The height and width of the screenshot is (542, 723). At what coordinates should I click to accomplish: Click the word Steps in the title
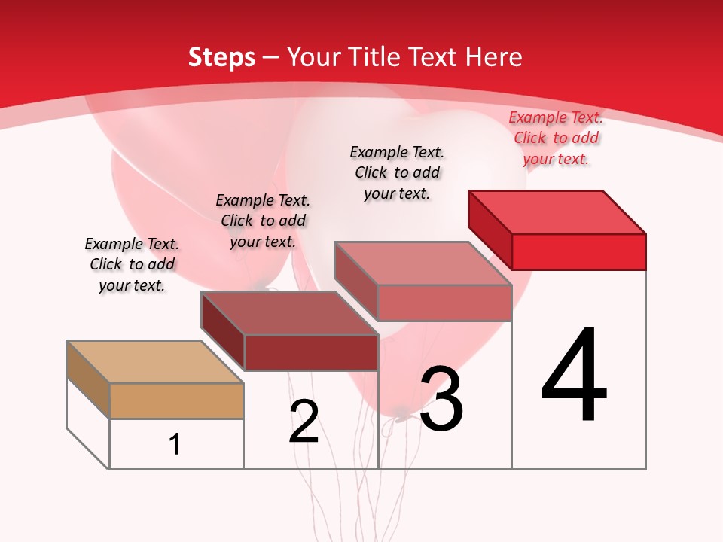[221, 57]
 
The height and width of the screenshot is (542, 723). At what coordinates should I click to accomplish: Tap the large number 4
[575, 376]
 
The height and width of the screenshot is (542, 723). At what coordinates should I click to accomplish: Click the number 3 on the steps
[441, 399]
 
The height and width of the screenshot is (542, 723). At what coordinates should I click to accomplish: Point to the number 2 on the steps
[304, 422]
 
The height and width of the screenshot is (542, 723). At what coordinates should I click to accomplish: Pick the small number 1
[175, 444]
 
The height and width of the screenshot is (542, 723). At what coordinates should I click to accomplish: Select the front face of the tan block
[176, 400]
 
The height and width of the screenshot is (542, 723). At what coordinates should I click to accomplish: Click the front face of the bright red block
[578, 251]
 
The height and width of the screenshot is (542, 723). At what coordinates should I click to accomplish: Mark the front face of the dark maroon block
[310, 352]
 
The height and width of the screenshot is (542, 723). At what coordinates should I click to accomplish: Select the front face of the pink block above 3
[444, 303]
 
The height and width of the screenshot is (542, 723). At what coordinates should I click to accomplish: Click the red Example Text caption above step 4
[556, 138]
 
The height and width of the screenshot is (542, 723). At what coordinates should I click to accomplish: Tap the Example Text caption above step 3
[397, 172]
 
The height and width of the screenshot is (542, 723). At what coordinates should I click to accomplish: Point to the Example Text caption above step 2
[263, 221]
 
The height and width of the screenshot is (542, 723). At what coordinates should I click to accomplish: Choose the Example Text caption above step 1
[132, 264]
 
